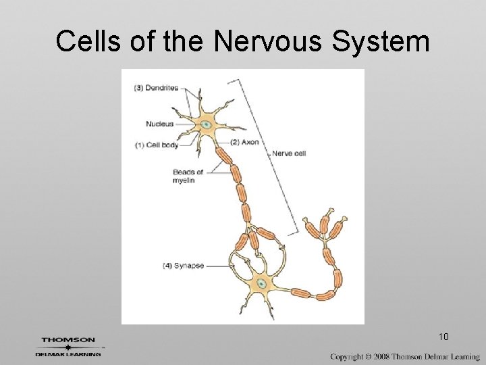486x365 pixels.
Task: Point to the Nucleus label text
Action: click(160, 124)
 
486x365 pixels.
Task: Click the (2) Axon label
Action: click(244, 142)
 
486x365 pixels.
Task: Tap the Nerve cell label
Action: click(288, 153)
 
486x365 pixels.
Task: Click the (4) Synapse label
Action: click(184, 266)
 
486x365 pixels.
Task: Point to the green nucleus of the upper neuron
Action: click(207, 124)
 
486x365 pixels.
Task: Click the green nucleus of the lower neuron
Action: click(260, 286)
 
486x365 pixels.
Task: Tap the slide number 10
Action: click(443, 336)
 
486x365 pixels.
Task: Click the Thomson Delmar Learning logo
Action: click(69, 346)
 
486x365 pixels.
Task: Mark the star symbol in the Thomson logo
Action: click(67, 347)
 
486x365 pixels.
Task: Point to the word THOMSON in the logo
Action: click(68, 340)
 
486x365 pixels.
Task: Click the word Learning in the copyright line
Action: click(464, 356)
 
